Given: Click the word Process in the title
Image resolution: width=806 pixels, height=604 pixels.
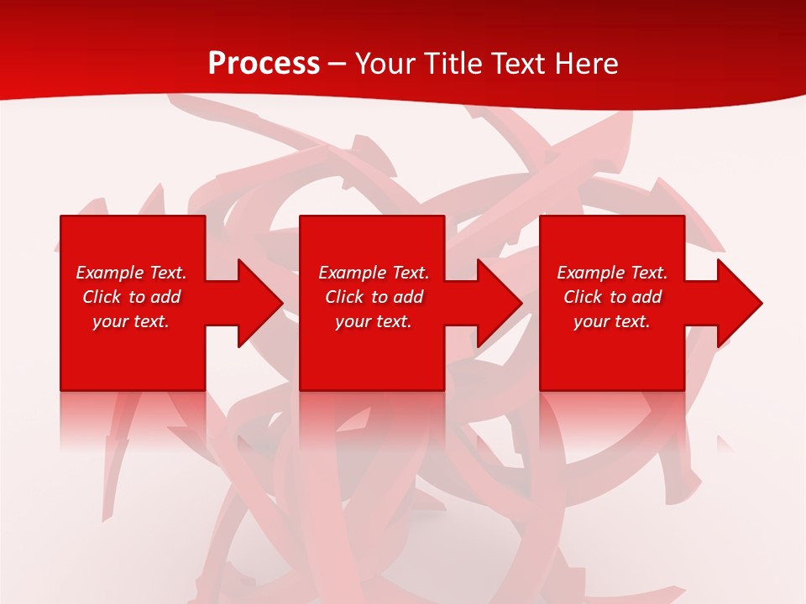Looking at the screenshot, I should tap(264, 64).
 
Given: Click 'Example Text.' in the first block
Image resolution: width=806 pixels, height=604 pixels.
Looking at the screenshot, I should tap(131, 273).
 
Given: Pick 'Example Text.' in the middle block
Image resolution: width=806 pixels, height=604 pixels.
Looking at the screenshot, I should tap(374, 273).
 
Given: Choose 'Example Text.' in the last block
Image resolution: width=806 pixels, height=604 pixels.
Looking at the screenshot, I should tap(612, 273).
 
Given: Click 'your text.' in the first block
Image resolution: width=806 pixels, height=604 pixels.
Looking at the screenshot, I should tap(131, 321).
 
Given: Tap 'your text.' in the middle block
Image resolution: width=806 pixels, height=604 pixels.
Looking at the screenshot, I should tap(374, 321).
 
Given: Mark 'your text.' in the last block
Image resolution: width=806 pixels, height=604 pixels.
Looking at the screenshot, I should tap(612, 321).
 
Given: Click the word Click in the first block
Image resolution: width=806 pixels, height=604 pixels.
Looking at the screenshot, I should tap(102, 297).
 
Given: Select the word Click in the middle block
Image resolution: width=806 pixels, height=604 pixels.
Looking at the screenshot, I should tap(344, 297).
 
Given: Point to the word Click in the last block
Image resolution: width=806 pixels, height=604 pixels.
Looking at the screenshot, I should tap(583, 297).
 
